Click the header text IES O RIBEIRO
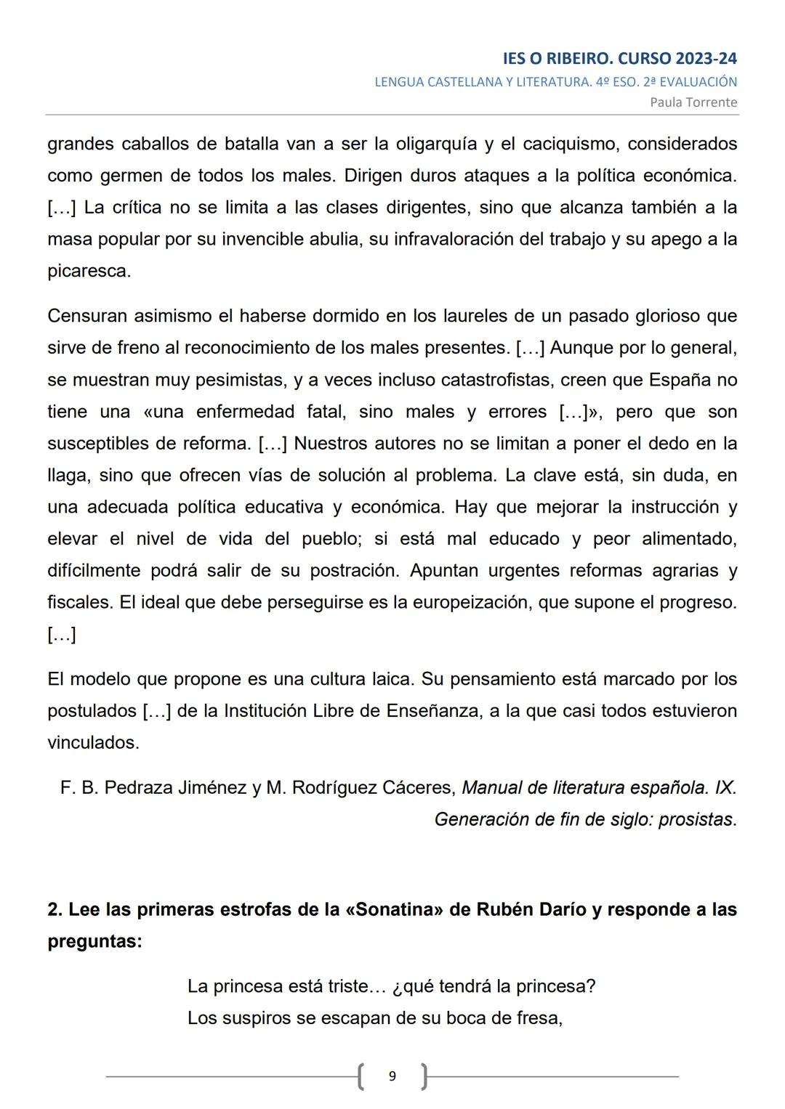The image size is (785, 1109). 557,59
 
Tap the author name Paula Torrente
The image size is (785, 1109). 693,102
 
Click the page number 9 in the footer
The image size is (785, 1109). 392,1076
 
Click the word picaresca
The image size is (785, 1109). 89,272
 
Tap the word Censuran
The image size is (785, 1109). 90,317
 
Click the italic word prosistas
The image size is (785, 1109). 697,820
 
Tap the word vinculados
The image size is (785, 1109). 92,743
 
